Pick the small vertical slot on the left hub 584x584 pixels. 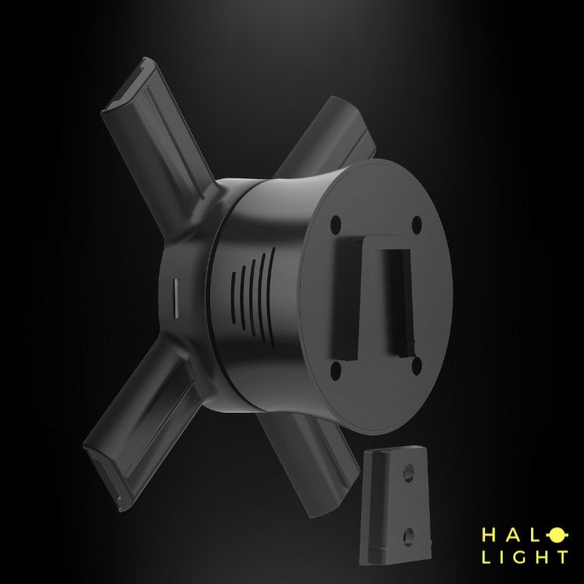(x=174, y=296)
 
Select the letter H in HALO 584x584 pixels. (x=489, y=535)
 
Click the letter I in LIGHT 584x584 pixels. (x=505, y=557)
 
